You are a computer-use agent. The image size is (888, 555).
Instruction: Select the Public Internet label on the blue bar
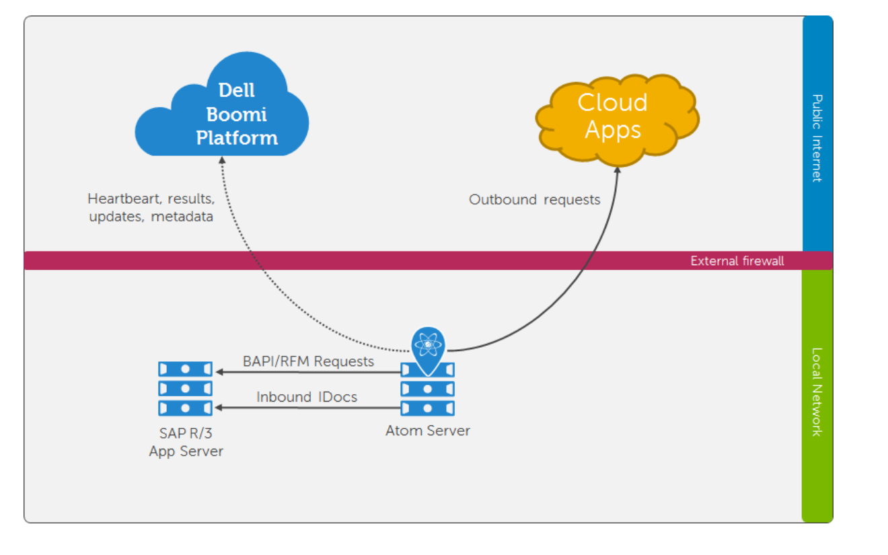coord(817,139)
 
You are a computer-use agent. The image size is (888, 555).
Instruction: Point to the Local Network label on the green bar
coord(817,392)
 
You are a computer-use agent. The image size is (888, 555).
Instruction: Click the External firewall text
coord(737,261)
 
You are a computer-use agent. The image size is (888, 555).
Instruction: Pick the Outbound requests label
coord(534,200)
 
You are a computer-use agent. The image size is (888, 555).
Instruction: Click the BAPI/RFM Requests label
coord(308,361)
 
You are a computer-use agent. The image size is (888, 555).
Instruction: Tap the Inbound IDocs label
coord(307,397)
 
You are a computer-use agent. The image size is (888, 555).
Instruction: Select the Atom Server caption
coord(428,431)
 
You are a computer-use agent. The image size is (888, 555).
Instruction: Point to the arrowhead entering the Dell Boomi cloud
coord(222,159)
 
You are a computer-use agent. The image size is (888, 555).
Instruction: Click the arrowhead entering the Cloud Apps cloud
coord(618,170)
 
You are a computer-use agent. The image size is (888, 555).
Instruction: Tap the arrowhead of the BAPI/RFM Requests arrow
coord(219,372)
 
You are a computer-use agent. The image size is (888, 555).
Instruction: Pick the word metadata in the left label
coord(182,217)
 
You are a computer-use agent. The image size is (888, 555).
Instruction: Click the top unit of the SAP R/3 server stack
coord(185,369)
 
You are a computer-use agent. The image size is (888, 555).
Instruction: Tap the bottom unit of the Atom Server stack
coord(427,408)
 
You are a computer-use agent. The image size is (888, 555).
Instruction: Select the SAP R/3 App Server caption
coord(186,443)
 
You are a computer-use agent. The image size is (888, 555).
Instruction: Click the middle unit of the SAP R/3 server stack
coord(185,389)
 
